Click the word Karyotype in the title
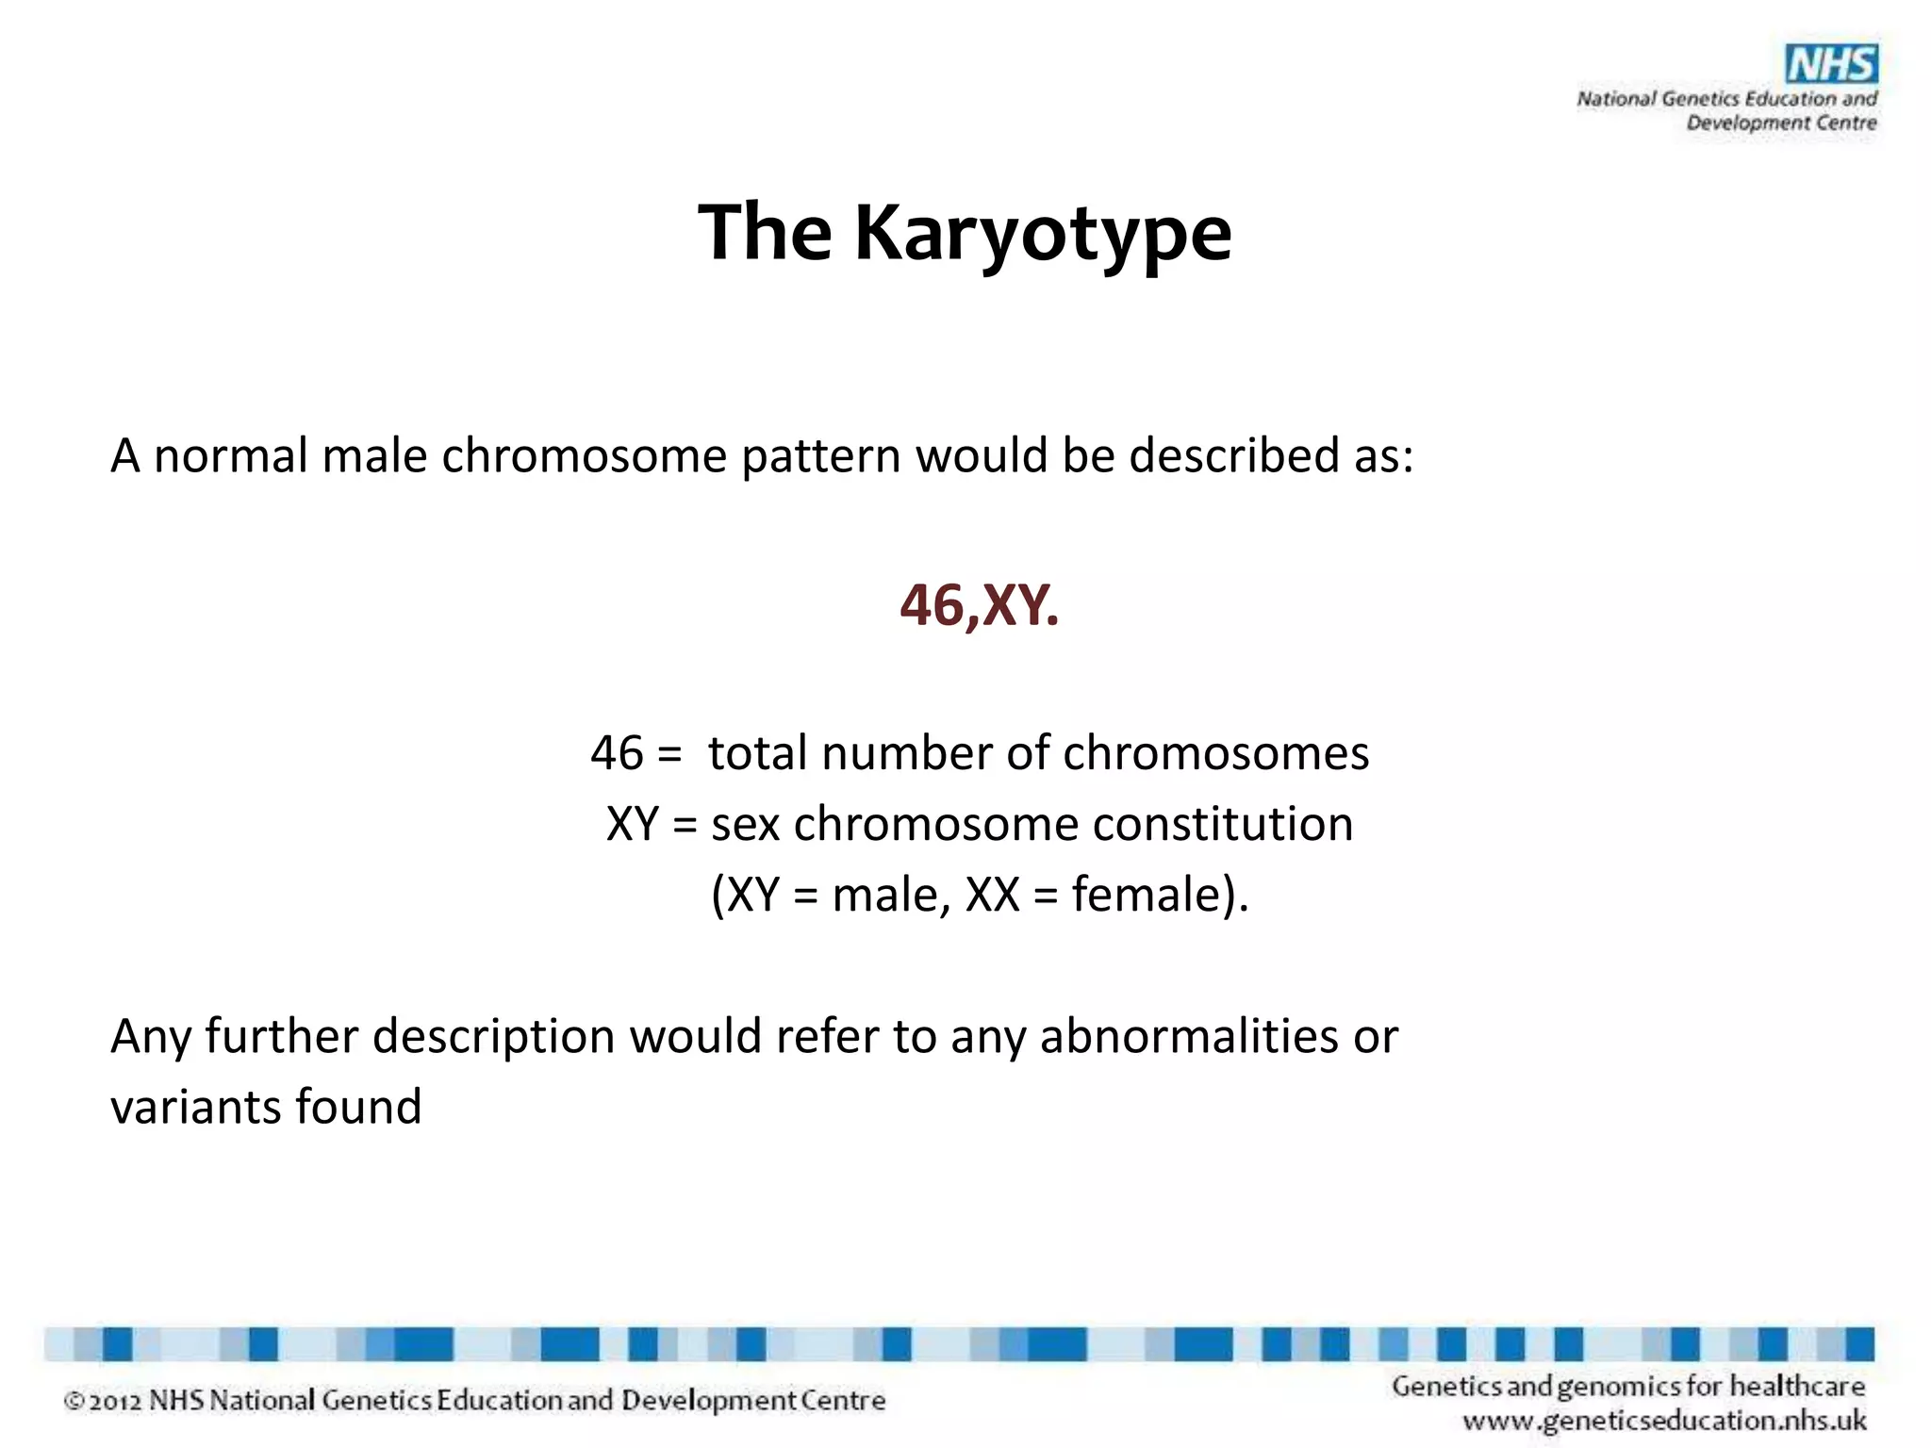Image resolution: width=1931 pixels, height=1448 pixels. coord(1043,233)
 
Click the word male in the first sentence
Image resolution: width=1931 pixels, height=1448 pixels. coord(374,455)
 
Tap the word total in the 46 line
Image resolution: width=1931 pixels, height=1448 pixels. coord(757,753)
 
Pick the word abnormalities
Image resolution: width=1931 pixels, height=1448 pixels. coord(1189,1036)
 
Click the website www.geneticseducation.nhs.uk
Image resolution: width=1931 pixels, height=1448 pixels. coord(1664,1421)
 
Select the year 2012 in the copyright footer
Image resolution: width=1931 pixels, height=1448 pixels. coord(115,1401)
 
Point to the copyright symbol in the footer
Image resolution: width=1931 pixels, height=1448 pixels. coord(74,1402)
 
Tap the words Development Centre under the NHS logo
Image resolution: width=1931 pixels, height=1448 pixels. coord(1781,123)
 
